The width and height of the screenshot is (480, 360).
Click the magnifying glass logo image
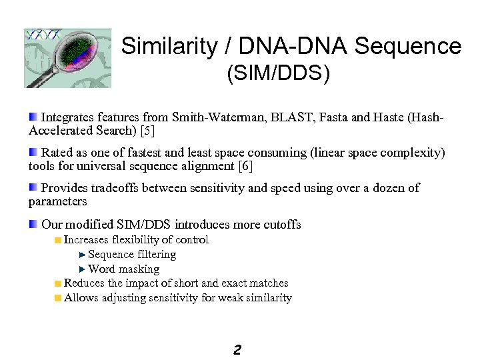pyautogui.click(x=67, y=58)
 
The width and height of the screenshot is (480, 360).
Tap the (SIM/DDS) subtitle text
pyautogui.click(x=278, y=74)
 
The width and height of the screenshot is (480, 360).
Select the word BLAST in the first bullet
pyautogui.click(x=289, y=118)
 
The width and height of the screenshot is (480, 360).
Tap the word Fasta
pyautogui.click(x=333, y=118)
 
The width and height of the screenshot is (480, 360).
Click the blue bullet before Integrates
pyautogui.click(x=33, y=117)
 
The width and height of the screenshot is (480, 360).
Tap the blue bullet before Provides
pyautogui.click(x=33, y=188)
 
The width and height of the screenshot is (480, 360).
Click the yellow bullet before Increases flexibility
pyautogui.click(x=58, y=240)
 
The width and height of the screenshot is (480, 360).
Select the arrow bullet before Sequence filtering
pyautogui.click(x=82, y=255)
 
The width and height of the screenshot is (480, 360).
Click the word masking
pyautogui.click(x=139, y=269)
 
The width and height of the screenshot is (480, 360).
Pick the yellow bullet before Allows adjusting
pyautogui.click(x=58, y=298)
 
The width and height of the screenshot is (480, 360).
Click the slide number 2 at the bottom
pyautogui.click(x=237, y=349)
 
